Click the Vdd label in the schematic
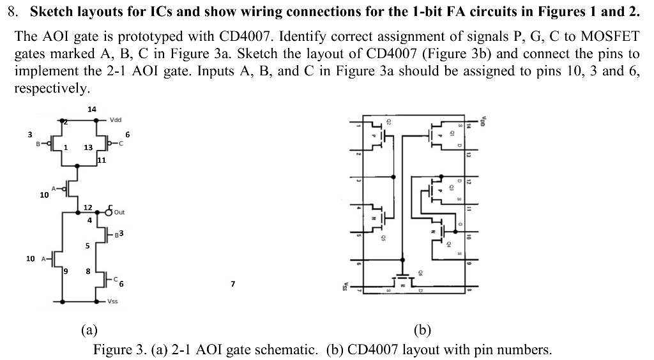116,119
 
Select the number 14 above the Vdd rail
92,109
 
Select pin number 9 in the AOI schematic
66,271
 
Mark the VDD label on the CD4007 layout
483,120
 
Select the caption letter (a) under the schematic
89,330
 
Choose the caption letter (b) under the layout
422,330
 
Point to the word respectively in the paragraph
52,87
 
